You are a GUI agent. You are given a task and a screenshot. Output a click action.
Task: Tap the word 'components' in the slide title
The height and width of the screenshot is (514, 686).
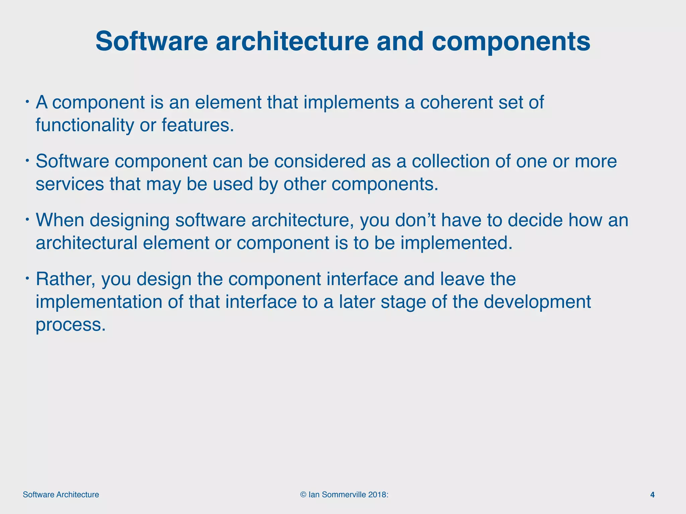tap(511, 41)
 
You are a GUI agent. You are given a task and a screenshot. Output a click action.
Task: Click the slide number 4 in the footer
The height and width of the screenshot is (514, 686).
tap(652, 495)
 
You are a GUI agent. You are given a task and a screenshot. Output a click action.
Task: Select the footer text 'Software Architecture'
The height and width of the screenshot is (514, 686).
tap(61, 495)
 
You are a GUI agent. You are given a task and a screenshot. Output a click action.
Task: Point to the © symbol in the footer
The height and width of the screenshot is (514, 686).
tap(303, 495)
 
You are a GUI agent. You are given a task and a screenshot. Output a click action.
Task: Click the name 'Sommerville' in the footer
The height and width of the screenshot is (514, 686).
tap(344, 495)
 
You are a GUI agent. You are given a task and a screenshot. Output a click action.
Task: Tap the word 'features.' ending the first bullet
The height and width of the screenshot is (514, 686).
tap(198, 125)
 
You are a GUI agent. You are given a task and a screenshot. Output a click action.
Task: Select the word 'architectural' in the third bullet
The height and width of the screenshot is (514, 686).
tap(86, 243)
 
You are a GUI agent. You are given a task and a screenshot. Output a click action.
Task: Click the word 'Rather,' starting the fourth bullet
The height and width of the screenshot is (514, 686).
tap(66, 279)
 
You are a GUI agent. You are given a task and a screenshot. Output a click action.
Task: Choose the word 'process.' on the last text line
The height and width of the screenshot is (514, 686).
tap(71, 325)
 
